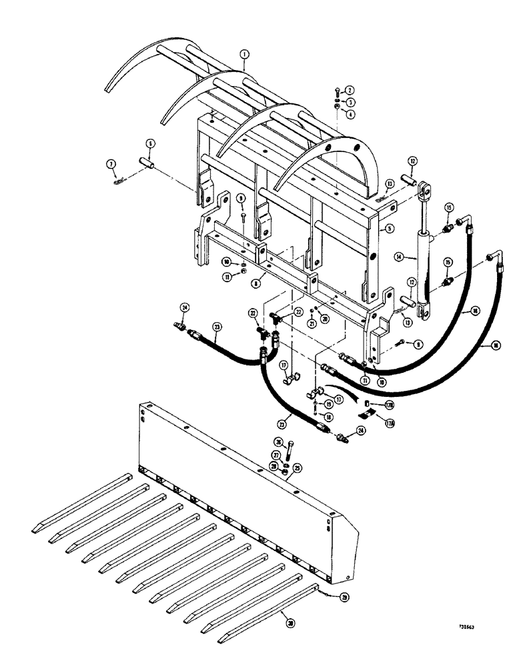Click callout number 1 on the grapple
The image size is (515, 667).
point(245,65)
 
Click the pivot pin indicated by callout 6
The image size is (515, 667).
point(146,163)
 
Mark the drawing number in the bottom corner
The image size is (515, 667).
point(471,628)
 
